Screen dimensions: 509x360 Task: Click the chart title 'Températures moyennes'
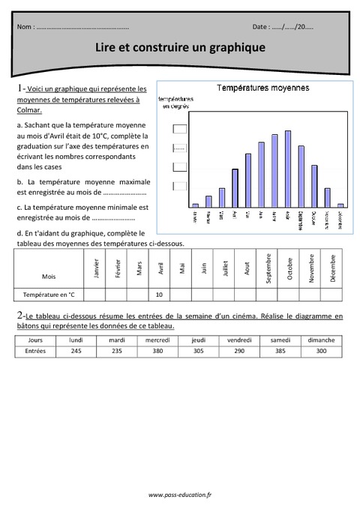point(262,88)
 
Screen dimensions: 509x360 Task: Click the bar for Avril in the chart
point(235,187)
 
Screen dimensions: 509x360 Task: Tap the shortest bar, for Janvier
point(196,204)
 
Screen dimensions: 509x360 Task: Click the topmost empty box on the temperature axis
point(179,129)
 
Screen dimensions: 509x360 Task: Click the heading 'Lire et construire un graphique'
point(180,47)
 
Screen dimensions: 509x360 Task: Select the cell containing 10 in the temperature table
point(159,295)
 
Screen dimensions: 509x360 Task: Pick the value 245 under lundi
point(76,351)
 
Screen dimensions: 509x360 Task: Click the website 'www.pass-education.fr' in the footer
point(180,495)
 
